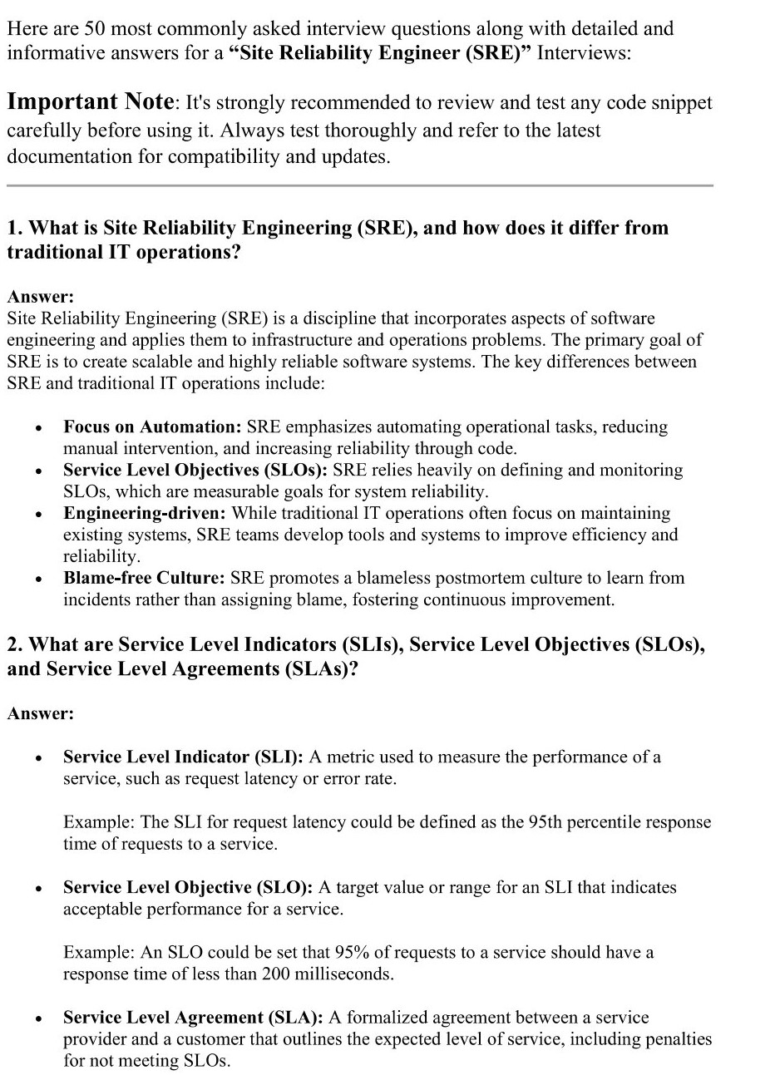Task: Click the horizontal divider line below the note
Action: tap(359, 185)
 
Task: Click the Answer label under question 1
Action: tap(40, 297)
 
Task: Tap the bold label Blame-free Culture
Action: tap(144, 579)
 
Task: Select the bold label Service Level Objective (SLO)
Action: tap(188, 888)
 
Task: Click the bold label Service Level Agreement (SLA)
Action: tap(194, 1018)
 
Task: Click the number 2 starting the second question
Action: tap(12, 645)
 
